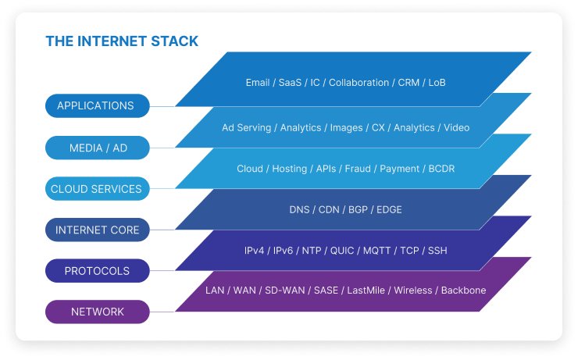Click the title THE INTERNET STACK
point(122,41)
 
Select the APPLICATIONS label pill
point(96,106)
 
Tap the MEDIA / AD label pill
point(96,148)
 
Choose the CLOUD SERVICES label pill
point(96,189)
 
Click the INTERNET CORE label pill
point(96,230)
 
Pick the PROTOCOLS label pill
point(96,271)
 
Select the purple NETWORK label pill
point(96,312)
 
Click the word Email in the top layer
point(258,83)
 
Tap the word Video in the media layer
point(456,127)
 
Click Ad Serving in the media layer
point(246,127)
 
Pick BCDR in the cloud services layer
point(441,169)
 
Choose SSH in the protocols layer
point(437,251)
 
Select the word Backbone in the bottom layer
point(463,290)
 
